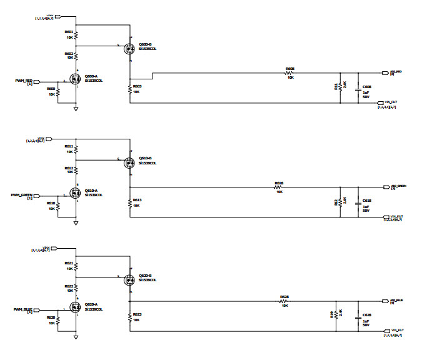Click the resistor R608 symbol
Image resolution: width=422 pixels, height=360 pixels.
(290, 73)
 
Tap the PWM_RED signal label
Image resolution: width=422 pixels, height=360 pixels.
(24, 81)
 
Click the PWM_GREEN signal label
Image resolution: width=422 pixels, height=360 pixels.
(22, 195)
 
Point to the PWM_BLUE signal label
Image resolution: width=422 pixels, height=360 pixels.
(23, 309)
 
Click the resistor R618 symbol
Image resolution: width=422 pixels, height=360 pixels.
(279, 187)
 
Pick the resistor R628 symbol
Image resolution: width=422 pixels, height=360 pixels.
(284, 301)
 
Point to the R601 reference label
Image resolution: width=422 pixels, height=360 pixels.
(69, 32)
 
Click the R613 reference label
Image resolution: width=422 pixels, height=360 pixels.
(137, 200)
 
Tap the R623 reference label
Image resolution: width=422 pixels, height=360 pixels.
(137, 314)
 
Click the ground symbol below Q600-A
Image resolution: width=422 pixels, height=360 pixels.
(76, 109)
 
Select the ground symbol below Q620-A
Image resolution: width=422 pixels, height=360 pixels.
(76, 337)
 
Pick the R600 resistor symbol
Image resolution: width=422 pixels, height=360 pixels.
(58, 93)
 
